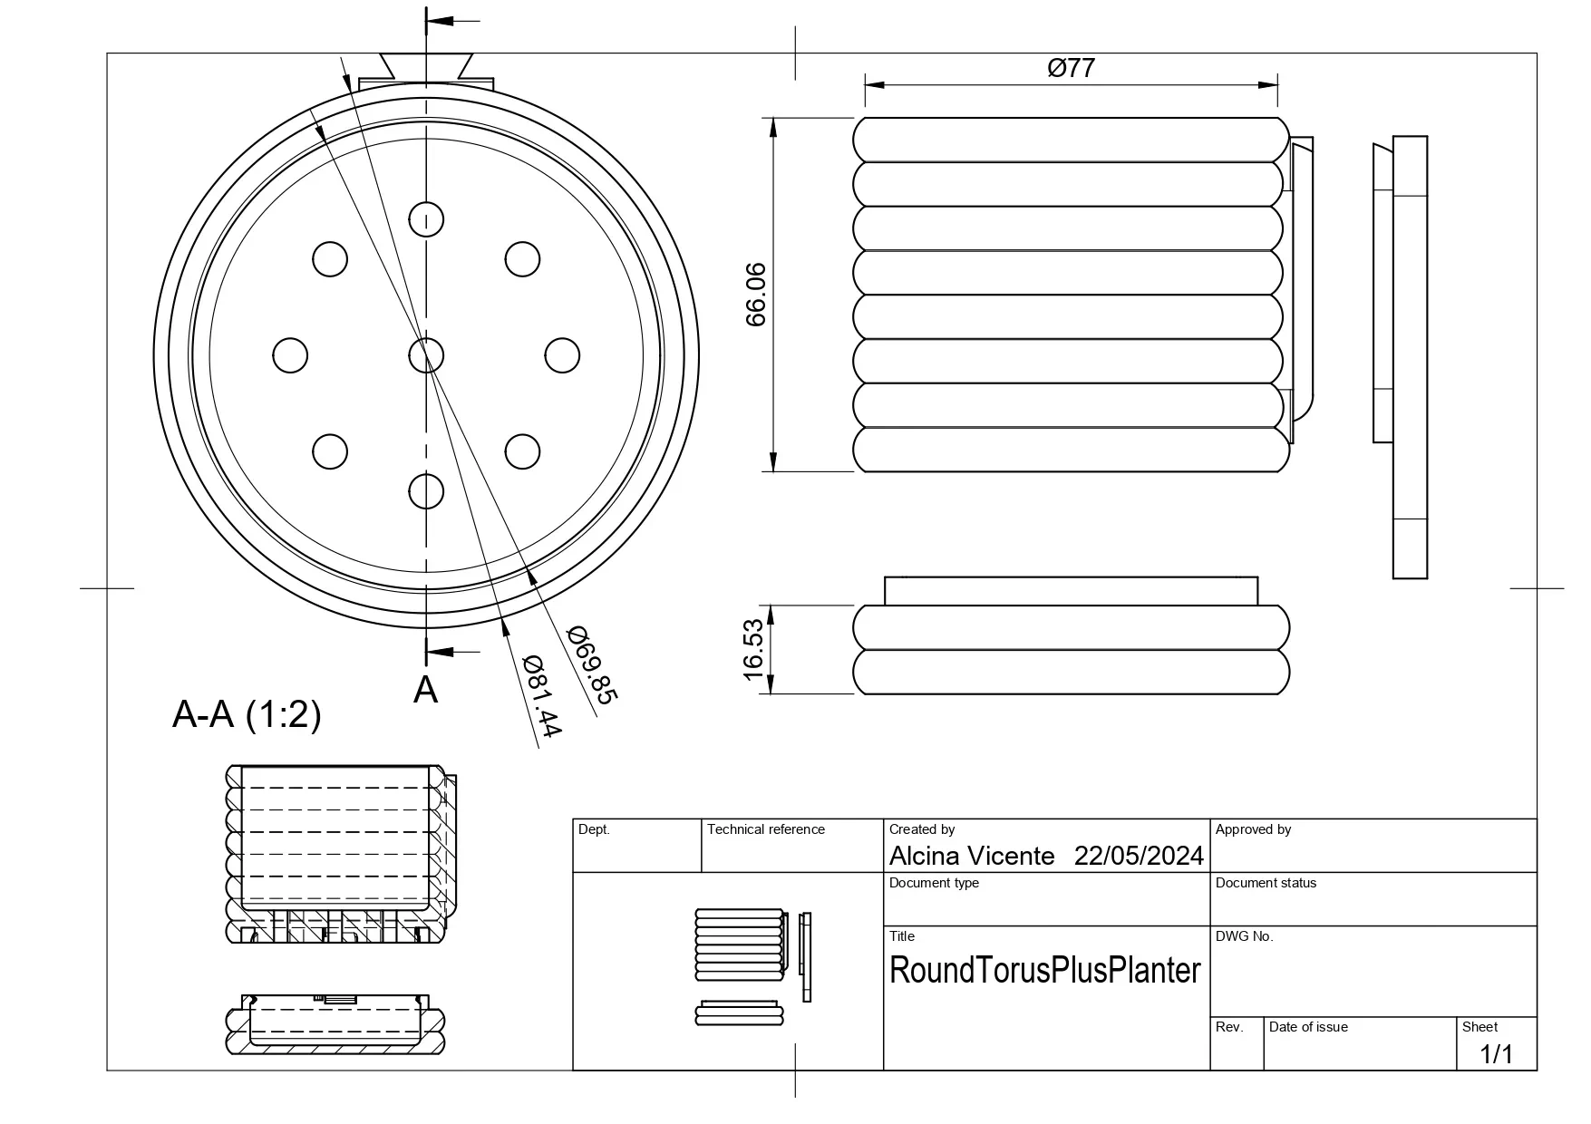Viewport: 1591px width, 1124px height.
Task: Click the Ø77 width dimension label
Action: click(1071, 68)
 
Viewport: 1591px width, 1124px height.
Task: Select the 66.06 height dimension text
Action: click(755, 295)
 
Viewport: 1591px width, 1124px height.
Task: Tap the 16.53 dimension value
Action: click(753, 649)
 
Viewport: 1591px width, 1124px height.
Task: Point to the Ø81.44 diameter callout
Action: click(542, 695)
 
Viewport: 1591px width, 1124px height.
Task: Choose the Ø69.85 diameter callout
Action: click(592, 664)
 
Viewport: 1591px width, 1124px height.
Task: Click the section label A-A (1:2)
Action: click(247, 715)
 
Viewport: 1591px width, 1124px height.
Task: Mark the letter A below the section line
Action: click(425, 690)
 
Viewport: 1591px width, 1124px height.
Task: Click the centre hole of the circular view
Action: click(426, 355)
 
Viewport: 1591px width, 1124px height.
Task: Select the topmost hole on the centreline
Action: click(426, 218)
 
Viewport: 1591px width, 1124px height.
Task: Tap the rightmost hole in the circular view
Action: click(562, 355)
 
